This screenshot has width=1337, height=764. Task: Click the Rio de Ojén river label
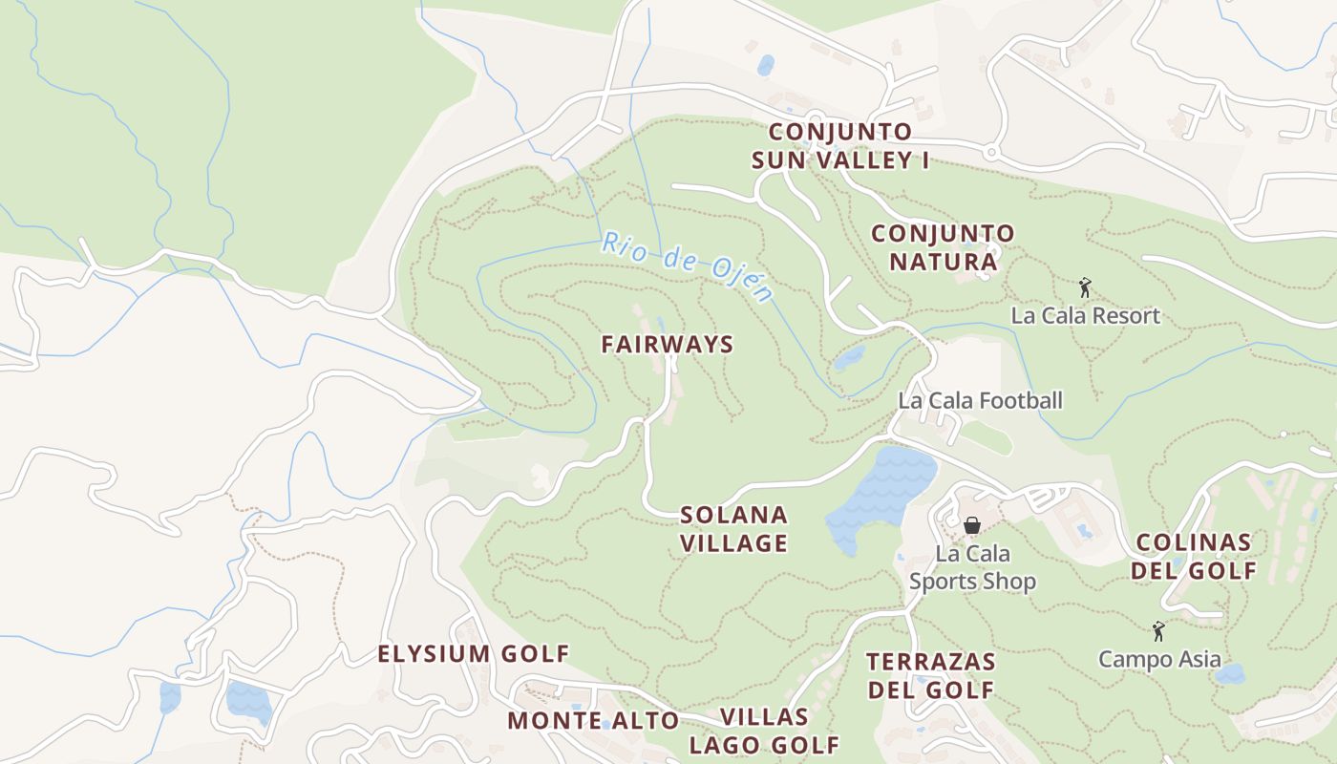[686, 266]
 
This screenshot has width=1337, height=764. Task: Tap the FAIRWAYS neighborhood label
[667, 345]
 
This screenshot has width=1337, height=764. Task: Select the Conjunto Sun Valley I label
[840, 146]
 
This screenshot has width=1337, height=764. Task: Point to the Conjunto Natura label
[943, 247]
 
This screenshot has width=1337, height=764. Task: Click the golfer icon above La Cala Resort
[1085, 287]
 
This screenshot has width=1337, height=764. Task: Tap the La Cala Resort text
[1086, 316]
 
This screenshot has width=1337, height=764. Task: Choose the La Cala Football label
[980, 400]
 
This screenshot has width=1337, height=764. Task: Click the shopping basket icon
[972, 525]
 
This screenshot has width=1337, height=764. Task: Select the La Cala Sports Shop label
[972, 567]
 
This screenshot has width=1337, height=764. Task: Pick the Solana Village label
[733, 529]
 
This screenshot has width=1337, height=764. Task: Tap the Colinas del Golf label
[1194, 557]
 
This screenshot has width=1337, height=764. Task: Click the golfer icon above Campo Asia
[1159, 631]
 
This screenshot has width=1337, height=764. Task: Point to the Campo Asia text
[1159, 659]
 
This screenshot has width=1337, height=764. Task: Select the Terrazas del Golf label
[930, 675]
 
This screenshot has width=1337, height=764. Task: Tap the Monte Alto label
[593, 721]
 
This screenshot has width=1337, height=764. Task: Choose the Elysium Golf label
[474, 654]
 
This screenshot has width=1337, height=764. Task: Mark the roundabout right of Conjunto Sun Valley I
[991, 152]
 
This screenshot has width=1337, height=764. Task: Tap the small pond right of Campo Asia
[1230, 674]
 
